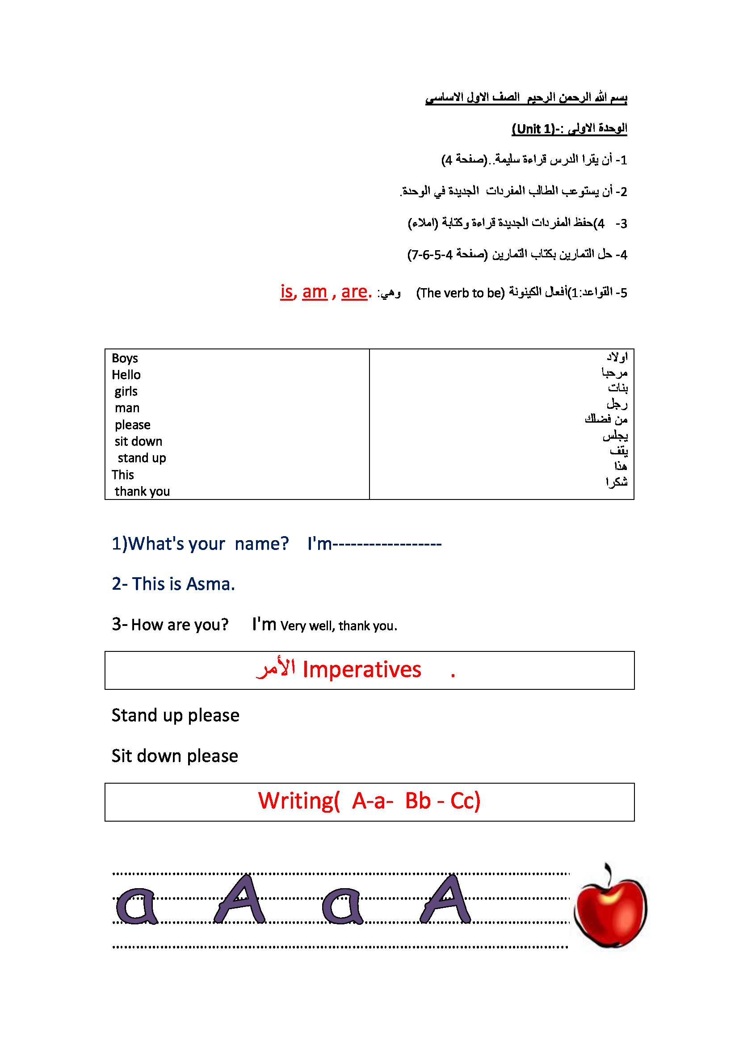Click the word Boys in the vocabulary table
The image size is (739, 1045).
125,359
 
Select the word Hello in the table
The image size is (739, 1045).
126,375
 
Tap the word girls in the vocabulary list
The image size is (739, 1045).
126,391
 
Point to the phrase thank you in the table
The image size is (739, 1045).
142,491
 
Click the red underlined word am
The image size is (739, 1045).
315,292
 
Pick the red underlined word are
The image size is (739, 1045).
354,292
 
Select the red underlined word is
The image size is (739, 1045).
287,292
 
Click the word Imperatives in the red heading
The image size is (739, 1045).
362,670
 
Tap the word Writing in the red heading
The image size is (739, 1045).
296,801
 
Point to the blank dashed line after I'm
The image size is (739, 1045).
387,544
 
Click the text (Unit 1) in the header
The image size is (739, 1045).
533,129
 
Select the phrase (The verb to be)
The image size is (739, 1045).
461,293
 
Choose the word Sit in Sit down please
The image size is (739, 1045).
122,756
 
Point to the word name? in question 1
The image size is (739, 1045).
262,544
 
